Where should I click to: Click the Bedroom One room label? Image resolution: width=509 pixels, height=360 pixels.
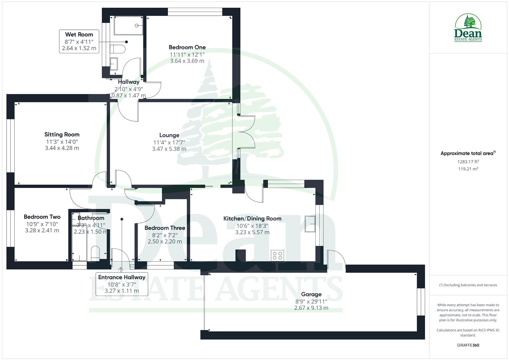[x=187, y=47]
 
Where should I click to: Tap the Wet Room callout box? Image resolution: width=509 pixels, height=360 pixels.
[x=79, y=41]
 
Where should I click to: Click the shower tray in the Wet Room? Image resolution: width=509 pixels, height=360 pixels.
[x=129, y=25]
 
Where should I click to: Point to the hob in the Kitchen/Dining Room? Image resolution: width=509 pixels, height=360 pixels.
[x=278, y=256]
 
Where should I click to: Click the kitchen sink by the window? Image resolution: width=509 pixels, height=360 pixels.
[x=310, y=224]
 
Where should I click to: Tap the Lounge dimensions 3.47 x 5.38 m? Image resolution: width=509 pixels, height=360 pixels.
[x=169, y=149]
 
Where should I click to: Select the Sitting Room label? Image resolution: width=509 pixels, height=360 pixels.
[x=62, y=135]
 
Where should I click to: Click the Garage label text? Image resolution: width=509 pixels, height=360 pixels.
[x=311, y=294]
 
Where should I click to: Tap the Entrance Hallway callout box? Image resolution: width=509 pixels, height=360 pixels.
[x=122, y=284]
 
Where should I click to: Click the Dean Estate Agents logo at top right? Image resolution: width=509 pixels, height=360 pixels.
[x=468, y=28]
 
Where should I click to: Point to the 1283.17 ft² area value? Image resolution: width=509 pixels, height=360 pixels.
[x=468, y=162]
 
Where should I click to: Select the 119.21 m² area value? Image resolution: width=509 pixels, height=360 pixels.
[x=468, y=169]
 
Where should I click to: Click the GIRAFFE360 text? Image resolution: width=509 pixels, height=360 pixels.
[x=468, y=345]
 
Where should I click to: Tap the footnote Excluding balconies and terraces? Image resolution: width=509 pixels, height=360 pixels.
[x=468, y=285]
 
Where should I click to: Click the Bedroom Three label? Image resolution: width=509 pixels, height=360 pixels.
[x=165, y=228]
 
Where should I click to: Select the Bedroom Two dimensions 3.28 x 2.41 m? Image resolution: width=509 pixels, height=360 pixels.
[x=42, y=230]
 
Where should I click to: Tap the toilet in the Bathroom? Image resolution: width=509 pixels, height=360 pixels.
[x=95, y=254]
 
